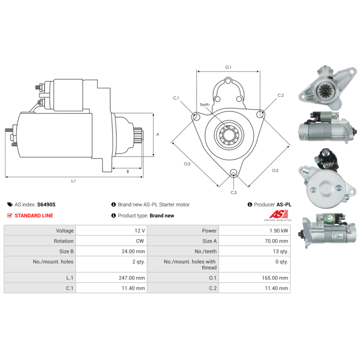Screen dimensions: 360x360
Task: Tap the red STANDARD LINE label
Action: point(34,216)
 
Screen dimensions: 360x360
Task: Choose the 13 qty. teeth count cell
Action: point(279,252)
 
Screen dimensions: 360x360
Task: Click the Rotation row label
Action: point(63,241)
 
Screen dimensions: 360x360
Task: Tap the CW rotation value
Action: point(140,241)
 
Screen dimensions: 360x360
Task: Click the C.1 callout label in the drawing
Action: point(176,98)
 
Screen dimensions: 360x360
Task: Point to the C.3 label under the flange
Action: point(234,193)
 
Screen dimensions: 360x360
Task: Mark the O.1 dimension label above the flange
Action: point(228,67)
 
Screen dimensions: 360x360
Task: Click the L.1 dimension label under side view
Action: point(73,181)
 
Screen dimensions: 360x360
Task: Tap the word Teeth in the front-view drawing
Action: point(205,104)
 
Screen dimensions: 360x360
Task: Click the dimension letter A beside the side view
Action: point(157,134)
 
